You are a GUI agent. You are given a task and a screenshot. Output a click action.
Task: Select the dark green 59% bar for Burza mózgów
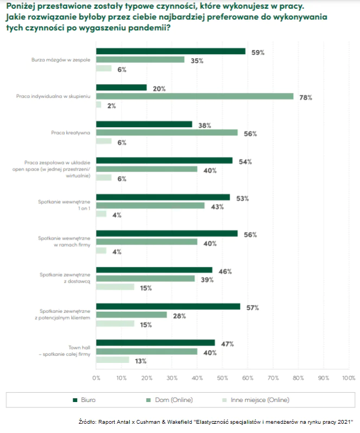click(x=170, y=51)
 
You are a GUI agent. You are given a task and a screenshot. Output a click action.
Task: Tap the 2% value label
click(x=111, y=105)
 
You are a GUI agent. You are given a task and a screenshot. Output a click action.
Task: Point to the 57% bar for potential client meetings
click(x=168, y=306)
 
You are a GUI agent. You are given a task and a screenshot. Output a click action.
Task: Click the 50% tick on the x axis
click(x=223, y=377)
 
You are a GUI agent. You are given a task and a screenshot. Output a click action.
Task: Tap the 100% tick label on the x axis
click(x=348, y=377)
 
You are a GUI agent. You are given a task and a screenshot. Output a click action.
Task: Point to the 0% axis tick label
click(x=97, y=377)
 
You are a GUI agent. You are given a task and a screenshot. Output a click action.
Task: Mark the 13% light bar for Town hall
click(x=112, y=360)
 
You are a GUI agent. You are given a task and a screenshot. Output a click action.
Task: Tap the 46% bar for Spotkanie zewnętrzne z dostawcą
click(x=154, y=269)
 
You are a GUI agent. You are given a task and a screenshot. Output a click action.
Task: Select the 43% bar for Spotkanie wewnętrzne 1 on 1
click(x=150, y=206)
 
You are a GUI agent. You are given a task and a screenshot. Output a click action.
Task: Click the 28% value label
click(x=179, y=316)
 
